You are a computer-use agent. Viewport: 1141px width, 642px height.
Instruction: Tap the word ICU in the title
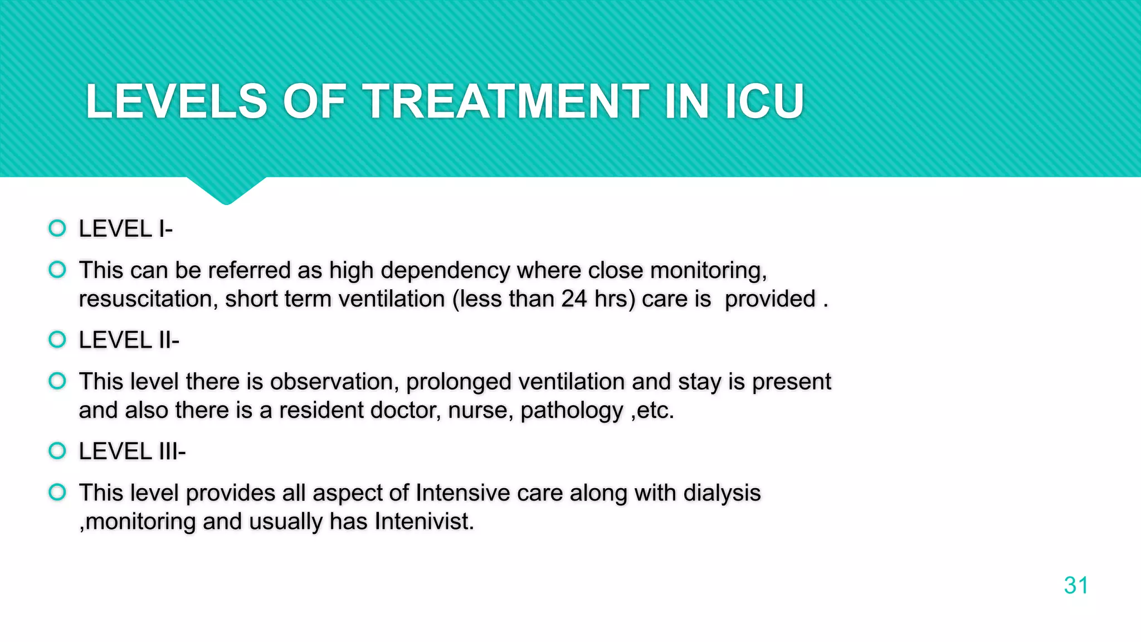tap(764, 101)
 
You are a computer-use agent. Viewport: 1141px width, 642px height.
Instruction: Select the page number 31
tap(1076, 585)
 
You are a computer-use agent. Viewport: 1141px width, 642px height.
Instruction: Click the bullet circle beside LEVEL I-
tap(57, 228)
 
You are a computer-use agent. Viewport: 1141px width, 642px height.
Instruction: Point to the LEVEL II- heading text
tap(129, 340)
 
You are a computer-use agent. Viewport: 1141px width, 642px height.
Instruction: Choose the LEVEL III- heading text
tap(132, 451)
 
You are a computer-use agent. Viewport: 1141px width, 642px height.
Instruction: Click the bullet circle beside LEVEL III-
tap(57, 450)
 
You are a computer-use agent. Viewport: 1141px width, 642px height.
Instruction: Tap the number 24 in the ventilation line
tap(574, 299)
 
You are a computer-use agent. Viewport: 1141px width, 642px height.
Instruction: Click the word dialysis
tap(722, 493)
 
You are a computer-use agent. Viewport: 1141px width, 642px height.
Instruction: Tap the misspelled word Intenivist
tap(424, 522)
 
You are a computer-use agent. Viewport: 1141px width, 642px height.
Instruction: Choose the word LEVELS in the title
tap(177, 101)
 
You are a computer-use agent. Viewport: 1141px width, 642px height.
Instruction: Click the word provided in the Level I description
tap(771, 299)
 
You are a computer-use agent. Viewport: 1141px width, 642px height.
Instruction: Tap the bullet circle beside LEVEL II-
tap(57, 339)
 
